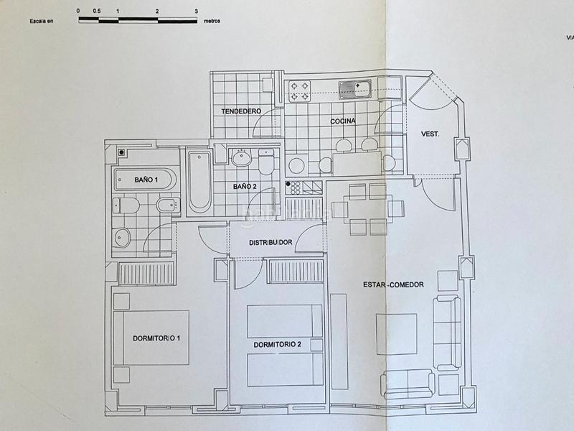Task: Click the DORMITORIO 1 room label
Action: (x=156, y=338)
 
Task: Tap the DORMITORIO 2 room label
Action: (x=276, y=345)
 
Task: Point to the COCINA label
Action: (x=343, y=121)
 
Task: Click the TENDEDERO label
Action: (x=241, y=111)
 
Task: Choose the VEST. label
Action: (x=430, y=134)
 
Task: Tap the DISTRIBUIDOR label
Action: (x=270, y=243)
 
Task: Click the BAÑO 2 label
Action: (x=245, y=187)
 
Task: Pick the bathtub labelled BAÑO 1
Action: (x=144, y=180)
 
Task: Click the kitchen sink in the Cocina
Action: (x=355, y=89)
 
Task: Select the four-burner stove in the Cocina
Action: (x=300, y=91)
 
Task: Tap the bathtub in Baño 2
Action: (x=199, y=182)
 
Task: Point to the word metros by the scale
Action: (x=212, y=21)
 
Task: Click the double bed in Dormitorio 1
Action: (x=151, y=338)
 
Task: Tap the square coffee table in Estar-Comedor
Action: (x=396, y=334)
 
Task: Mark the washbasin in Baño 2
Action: (x=242, y=158)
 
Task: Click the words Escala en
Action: (x=42, y=21)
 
